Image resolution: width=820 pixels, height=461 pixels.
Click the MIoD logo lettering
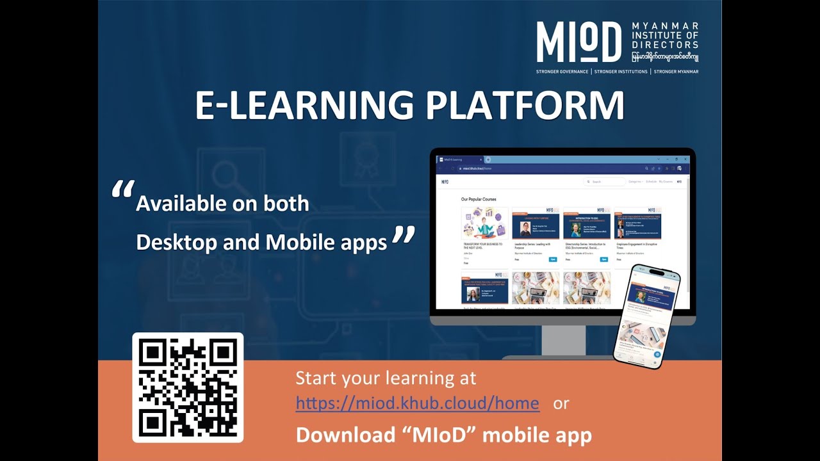click(x=578, y=42)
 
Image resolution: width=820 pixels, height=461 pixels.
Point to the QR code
click(x=188, y=387)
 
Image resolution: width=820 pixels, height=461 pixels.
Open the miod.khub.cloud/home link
click(x=417, y=403)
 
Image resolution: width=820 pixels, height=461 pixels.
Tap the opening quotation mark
click(x=122, y=190)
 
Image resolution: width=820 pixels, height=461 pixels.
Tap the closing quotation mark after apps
click(x=403, y=236)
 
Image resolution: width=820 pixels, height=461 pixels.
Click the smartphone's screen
click(x=646, y=316)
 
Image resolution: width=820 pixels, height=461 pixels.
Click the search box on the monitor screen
click(x=605, y=182)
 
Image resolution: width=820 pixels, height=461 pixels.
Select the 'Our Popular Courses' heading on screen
click(x=479, y=199)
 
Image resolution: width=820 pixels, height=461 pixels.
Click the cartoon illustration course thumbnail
click(x=484, y=223)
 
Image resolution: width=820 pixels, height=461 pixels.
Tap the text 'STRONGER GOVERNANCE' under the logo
click(x=562, y=72)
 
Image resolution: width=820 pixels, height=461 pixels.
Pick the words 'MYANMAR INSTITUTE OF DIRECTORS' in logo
click(x=664, y=36)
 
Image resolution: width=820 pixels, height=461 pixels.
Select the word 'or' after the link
click(x=561, y=403)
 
